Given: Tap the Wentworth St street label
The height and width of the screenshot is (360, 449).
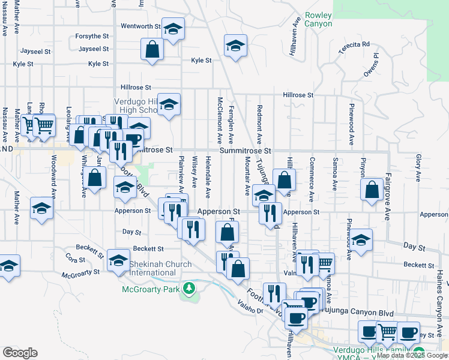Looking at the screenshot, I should [x=141, y=26].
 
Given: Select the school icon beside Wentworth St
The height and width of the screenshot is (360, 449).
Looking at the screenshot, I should [x=173, y=30].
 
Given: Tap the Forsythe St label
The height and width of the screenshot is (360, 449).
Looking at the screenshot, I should [x=92, y=37].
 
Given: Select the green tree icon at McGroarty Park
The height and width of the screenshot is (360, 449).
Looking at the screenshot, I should [x=190, y=289].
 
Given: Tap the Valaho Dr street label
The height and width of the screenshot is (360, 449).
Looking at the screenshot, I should [x=251, y=307].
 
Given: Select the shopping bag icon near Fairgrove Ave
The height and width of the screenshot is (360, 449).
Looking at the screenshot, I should [x=372, y=190].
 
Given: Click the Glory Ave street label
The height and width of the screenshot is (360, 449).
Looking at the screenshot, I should [x=418, y=168].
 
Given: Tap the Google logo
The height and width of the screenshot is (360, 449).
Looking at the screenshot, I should [x=20, y=353].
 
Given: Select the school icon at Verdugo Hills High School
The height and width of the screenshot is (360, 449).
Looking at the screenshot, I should [x=169, y=105].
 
